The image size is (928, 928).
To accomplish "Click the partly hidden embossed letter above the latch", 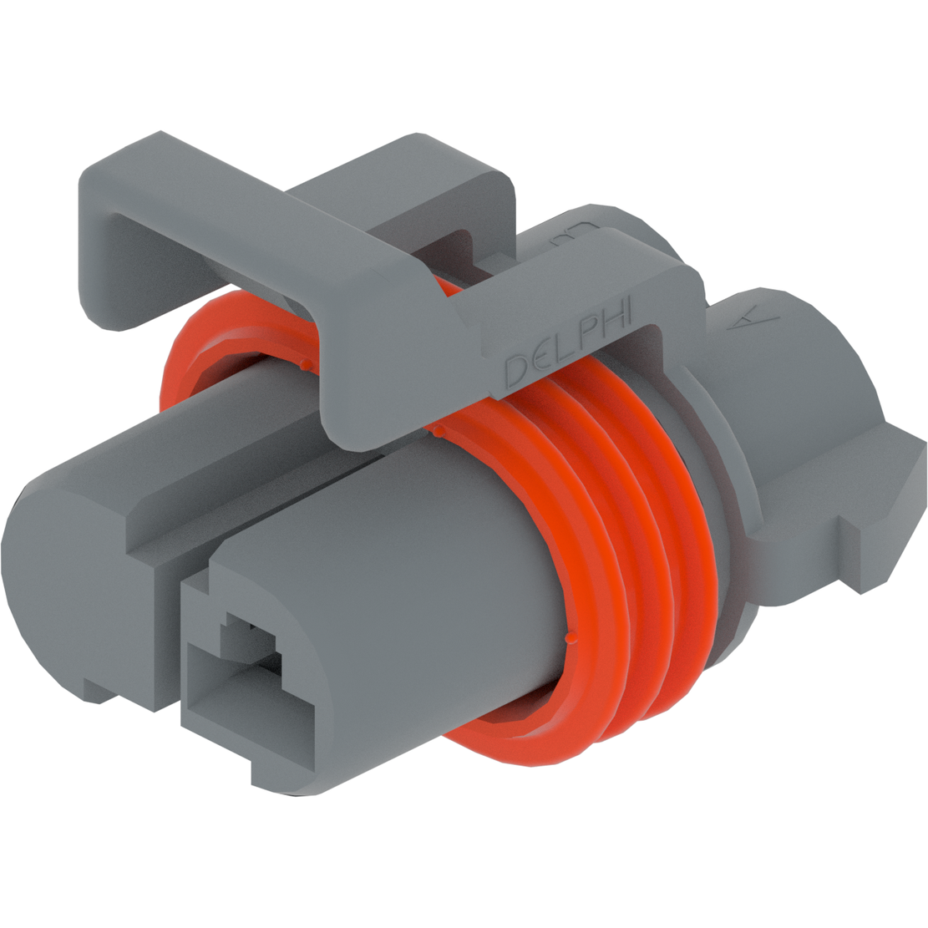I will [575, 235].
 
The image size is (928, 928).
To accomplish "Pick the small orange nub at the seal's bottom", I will [570, 640].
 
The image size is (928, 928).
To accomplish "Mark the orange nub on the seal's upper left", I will [305, 364].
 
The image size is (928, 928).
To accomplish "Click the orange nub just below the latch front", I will [436, 431].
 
